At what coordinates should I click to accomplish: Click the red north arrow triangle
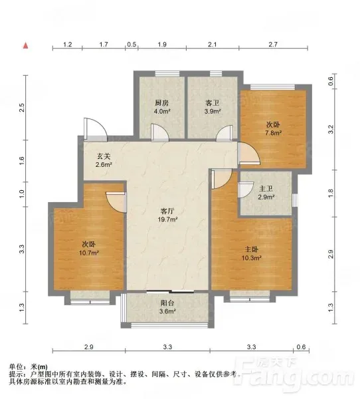point(26,46)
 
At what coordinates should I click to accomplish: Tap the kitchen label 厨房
point(162,103)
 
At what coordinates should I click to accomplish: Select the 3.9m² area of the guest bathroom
point(213,111)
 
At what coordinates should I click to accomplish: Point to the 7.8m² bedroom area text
point(274,132)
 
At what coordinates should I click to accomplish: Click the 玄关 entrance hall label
point(104,156)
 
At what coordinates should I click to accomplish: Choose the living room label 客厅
point(167,211)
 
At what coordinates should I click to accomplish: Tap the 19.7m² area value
point(167,219)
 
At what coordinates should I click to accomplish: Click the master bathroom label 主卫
point(266,189)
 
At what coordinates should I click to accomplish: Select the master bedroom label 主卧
point(252,249)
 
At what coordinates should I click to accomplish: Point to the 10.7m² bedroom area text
point(89,253)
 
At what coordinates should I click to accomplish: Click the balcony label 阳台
point(167,303)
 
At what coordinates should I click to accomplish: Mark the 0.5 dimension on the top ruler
point(132,45)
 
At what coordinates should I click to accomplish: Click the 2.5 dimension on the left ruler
point(22,108)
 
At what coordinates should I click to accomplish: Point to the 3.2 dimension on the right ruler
point(331,129)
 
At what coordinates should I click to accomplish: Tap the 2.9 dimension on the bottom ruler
point(89,347)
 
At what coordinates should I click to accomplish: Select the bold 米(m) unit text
point(39,366)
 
